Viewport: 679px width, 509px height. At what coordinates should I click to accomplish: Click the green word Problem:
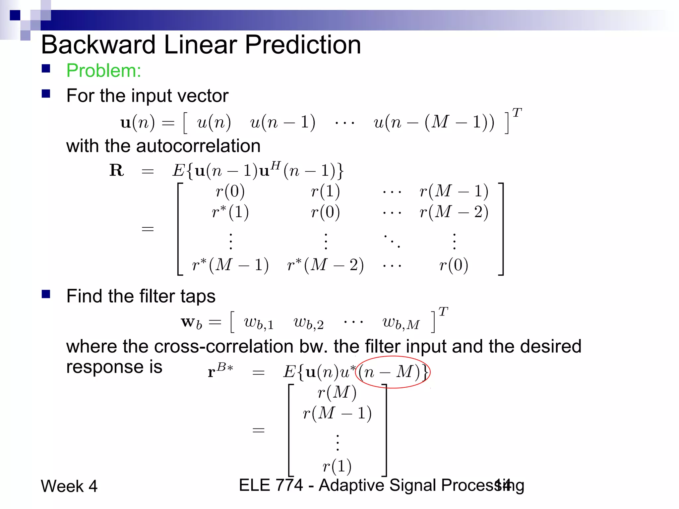pos(104,71)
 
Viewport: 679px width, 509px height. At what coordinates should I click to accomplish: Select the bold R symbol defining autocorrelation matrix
pos(117,170)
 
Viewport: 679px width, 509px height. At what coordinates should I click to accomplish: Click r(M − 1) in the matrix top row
pos(454,191)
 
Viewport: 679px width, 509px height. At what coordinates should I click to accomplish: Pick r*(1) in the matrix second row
pos(230,212)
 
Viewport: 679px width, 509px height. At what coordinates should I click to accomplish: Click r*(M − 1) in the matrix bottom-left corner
pos(230,265)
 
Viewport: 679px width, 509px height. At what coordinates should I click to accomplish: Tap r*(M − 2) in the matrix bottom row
pos(325,265)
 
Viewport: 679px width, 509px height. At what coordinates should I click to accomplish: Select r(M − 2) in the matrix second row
pos(454,212)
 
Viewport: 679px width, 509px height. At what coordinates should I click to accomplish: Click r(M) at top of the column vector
pos(337,393)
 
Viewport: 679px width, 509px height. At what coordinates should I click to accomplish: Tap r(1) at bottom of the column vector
pos(337,466)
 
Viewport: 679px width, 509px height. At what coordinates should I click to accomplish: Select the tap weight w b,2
pos(309,323)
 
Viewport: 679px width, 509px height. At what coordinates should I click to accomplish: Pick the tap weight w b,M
pos(401,323)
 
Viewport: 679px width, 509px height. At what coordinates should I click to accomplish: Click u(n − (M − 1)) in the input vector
pos(434,122)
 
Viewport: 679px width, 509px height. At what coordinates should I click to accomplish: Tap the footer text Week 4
pos(69,486)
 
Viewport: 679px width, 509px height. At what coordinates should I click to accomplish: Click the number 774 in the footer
pos(289,485)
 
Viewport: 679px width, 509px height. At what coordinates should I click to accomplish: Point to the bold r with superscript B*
pos(220,370)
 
